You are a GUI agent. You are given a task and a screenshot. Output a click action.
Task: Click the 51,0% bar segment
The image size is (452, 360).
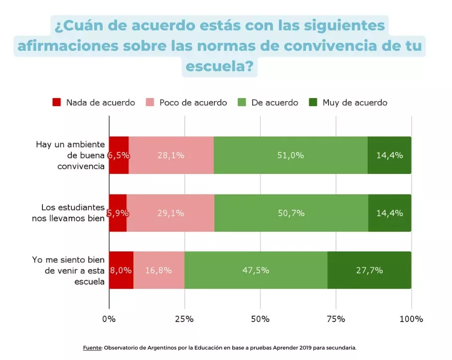click(x=291, y=155)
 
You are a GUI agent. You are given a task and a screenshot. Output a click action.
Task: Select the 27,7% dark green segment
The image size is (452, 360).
click(x=369, y=270)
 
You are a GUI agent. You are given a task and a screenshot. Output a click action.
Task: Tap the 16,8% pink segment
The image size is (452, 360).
click(x=158, y=270)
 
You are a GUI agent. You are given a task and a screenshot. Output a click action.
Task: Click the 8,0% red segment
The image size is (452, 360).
click(x=121, y=270)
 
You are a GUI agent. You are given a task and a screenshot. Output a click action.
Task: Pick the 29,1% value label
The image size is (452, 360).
click(x=170, y=213)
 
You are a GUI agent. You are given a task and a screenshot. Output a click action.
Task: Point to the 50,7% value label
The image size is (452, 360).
click(x=291, y=213)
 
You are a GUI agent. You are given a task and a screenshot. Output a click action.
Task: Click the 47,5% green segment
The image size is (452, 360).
click(x=256, y=270)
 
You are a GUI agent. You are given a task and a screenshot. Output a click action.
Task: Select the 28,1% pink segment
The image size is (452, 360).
click(x=171, y=155)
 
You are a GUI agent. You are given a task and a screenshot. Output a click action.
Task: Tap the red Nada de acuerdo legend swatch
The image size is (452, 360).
click(x=57, y=103)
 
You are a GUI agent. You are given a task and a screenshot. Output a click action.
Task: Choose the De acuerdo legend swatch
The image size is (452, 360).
click(x=243, y=103)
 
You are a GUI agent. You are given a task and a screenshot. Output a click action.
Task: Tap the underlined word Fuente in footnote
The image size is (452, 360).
click(x=92, y=348)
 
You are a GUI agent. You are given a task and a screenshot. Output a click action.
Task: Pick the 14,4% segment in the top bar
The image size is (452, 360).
click(x=389, y=155)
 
